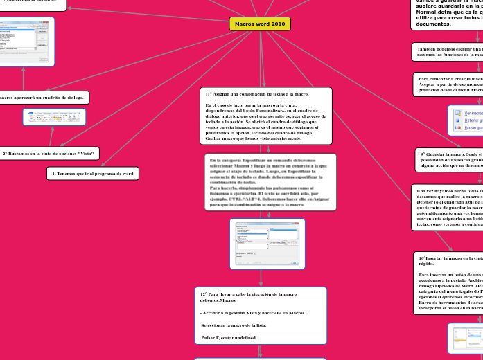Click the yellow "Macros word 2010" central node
[259, 24]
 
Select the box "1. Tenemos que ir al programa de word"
[93, 172]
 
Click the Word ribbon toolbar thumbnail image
[54, 117]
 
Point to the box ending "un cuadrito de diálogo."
[42, 98]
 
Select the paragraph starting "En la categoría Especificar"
[270, 182]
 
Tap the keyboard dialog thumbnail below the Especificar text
[267, 244]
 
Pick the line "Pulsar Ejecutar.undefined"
[229, 337]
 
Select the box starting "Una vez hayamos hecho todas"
[448, 206]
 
